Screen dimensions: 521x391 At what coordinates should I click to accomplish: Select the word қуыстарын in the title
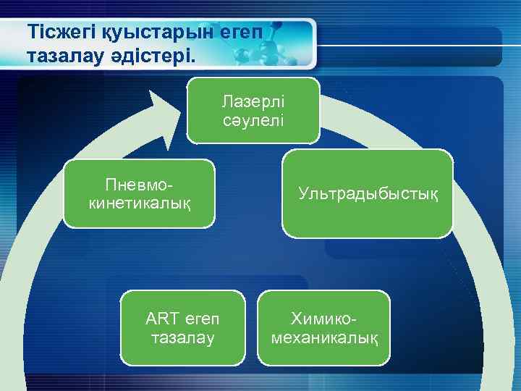(x=142, y=33)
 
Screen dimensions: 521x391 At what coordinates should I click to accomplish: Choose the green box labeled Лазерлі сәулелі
(x=253, y=110)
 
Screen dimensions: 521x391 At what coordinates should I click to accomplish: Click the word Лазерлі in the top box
(x=253, y=102)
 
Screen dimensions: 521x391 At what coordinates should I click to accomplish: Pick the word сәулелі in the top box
(x=253, y=119)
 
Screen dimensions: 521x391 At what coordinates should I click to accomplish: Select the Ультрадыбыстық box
(x=368, y=193)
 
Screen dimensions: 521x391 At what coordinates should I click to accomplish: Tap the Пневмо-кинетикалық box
(x=140, y=193)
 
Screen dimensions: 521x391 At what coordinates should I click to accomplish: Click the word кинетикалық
(x=140, y=203)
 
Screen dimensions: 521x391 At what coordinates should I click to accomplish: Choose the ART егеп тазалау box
(x=182, y=327)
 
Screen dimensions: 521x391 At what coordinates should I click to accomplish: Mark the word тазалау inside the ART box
(x=182, y=337)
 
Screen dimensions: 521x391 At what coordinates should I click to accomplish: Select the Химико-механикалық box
(x=323, y=327)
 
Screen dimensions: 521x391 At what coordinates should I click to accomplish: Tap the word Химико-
(x=324, y=319)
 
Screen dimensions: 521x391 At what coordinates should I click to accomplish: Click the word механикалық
(x=323, y=337)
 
